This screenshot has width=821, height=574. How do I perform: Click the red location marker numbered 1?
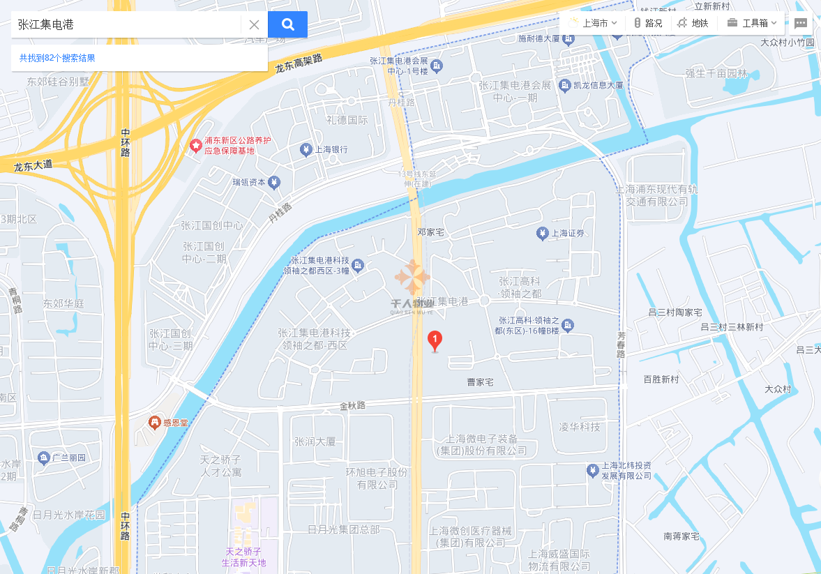(435, 341)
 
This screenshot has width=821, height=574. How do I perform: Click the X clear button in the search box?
(254, 24)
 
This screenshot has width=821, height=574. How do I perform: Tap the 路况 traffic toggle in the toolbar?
(647, 23)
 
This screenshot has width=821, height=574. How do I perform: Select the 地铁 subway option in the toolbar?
(693, 23)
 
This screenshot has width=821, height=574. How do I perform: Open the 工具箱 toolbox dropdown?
(752, 23)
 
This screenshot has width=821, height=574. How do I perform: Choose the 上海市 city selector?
(593, 23)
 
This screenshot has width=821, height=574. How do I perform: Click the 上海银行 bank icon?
(306, 149)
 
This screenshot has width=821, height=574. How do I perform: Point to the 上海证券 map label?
(567, 234)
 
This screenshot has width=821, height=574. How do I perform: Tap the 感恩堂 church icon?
(155, 422)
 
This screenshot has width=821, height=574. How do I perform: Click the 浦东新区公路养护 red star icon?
(196, 146)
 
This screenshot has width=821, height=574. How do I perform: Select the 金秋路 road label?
(352, 405)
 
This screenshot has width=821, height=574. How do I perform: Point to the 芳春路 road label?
(621, 345)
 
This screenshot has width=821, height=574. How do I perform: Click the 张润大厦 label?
(315, 441)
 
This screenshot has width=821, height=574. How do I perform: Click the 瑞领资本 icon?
(274, 183)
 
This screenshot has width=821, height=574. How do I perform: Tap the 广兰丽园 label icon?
(43, 458)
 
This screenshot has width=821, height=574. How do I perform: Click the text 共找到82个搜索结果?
(57, 58)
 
